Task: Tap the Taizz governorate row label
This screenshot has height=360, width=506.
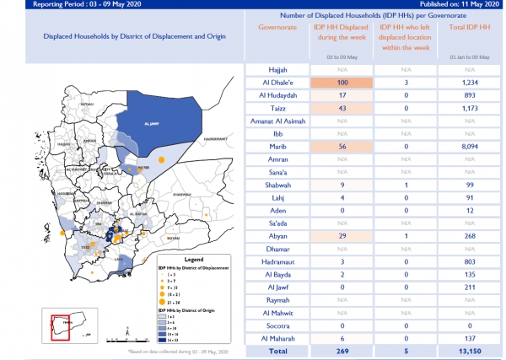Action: [x=277, y=110]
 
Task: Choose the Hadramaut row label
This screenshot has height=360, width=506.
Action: [x=277, y=262]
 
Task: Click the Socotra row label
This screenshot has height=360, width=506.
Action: [x=277, y=325]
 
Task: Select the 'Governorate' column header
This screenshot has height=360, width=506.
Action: [x=277, y=27]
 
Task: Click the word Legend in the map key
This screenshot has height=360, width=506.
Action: [x=194, y=260]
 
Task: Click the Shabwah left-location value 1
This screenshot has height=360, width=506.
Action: [x=406, y=184]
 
